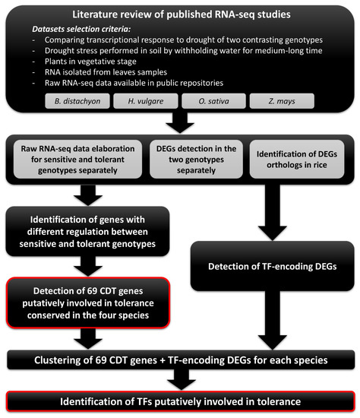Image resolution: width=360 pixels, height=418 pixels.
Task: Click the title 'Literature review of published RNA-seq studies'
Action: click(180, 13)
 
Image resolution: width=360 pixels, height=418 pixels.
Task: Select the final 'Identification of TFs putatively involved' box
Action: click(180, 401)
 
